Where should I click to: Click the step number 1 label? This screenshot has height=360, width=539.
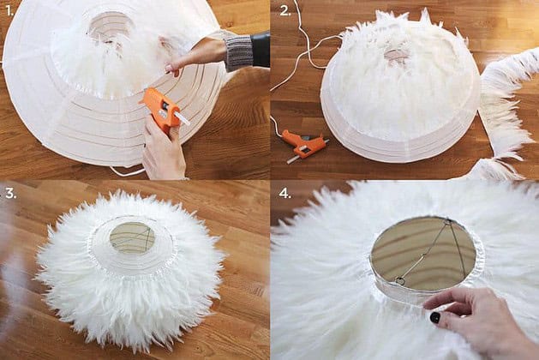(9, 11)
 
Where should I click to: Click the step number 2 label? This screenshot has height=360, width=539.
(285, 10)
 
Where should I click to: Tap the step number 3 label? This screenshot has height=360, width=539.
(10, 193)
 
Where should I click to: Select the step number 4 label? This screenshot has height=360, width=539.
(285, 193)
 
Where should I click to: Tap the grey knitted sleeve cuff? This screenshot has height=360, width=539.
(239, 51)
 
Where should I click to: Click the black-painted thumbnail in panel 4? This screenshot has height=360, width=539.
(435, 318)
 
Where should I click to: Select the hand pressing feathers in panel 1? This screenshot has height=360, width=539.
(193, 56)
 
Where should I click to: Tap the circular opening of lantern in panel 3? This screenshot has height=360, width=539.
(132, 238)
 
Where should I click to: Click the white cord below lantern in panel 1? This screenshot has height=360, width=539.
(127, 171)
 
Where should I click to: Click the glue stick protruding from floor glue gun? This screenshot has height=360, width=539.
(292, 159)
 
